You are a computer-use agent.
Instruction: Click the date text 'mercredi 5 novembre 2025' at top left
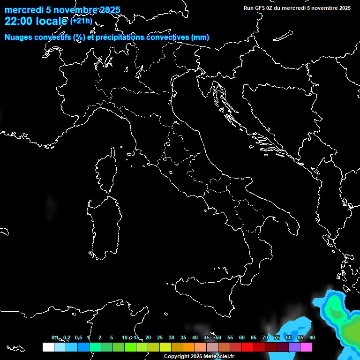(62, 10)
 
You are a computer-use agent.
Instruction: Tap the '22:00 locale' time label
(36, 21)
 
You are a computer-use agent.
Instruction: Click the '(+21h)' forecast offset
(81, 21)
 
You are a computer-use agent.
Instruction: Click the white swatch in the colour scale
(48, 347)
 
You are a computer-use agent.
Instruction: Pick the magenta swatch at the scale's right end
(306, 347)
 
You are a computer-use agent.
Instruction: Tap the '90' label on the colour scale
(312, 337)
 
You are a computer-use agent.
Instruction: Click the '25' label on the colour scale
(160, 337)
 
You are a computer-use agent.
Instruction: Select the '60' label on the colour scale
(242, 337)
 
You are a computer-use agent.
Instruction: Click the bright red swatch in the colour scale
(247, 347)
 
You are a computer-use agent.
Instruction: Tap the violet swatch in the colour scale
(294, 347)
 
